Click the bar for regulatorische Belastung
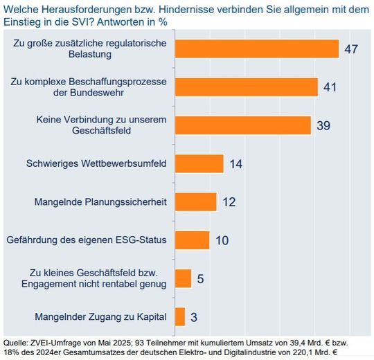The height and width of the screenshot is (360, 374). coord(257,48)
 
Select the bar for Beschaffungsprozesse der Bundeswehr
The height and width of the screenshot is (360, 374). coord(247,87)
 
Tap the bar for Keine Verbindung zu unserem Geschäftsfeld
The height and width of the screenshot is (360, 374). coord(243,125)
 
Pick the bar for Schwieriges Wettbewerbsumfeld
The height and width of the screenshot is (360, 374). coord(199,163)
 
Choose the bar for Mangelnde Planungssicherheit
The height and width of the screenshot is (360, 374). coord(196,201)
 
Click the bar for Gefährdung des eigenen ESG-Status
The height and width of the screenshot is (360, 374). coord(193,240)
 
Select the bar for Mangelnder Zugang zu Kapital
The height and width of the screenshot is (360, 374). coord(180,316)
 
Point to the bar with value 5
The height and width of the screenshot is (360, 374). coord(184,278)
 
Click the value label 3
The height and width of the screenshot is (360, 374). coord(194,317)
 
